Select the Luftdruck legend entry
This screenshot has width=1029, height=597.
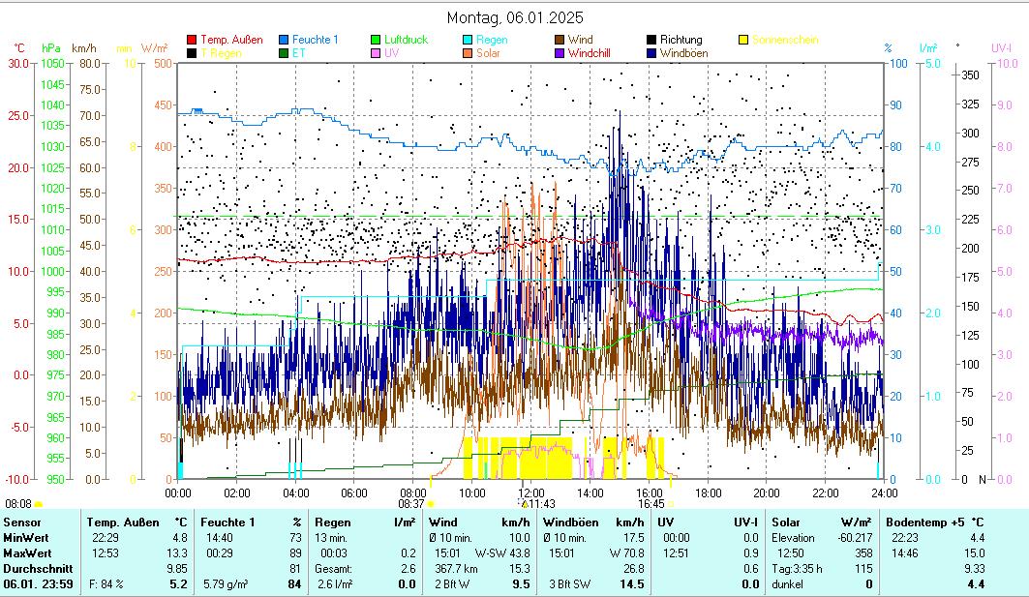coord(406,40)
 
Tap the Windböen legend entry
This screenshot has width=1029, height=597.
coord(688,53)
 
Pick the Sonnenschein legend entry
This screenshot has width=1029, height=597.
coord(784,40)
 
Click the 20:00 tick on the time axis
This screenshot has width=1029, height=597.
coord(766,492)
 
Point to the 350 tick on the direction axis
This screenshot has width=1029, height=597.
coord(969,75)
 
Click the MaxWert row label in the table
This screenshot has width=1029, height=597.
coord(27,552)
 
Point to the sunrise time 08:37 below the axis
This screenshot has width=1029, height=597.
coord(411,503)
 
